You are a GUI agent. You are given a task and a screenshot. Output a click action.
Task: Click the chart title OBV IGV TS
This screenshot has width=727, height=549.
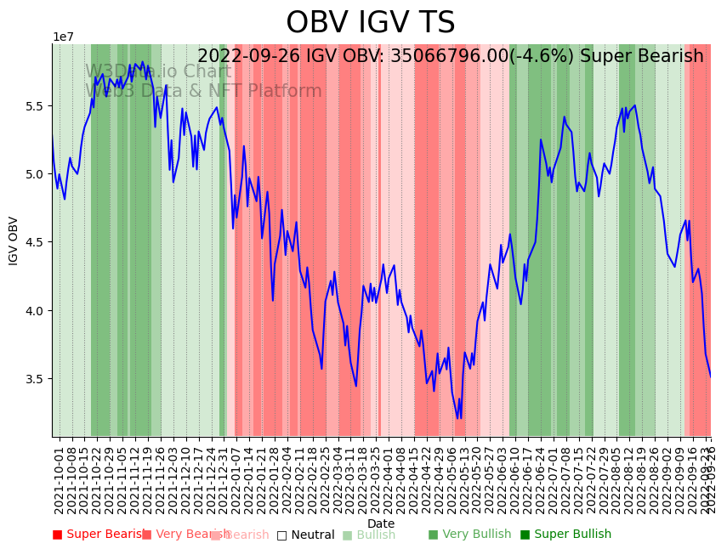point(370,23)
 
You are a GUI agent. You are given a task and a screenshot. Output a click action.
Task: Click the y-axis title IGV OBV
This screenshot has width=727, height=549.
point(14,241)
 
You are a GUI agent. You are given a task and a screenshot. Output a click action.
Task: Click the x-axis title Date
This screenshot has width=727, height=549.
point(380,524)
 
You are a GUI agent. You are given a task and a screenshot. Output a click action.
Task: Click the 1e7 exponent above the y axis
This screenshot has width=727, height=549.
point(63,37)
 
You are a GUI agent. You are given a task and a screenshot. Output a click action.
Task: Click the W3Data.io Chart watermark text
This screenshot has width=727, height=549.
point(158,72)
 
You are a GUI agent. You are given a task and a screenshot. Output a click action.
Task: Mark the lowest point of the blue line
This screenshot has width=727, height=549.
point(458,418)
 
